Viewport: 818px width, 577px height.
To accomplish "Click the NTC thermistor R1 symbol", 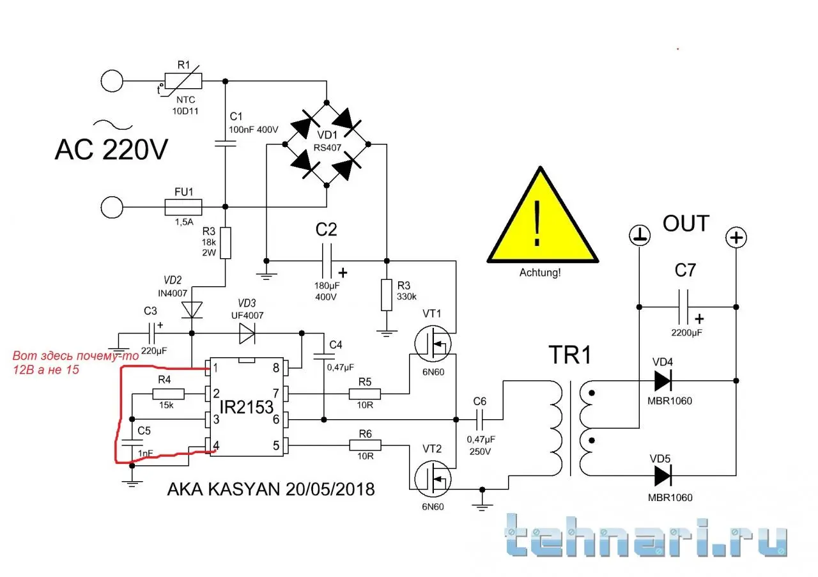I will [x=183, y=81].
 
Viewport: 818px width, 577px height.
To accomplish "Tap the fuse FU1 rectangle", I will [x=183, y=207].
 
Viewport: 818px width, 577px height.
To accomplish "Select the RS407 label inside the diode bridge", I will [x=327, y=148].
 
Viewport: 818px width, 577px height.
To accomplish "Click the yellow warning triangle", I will [x=543, y=220].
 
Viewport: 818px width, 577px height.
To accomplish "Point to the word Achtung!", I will [x=540, y=272].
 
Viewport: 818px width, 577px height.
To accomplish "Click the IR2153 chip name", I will [x=247, y=406].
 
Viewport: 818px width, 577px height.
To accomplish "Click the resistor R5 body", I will [x=364, y=394].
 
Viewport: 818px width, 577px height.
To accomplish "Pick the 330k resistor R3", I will [x=386, y=295].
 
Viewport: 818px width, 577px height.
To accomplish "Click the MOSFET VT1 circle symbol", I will [x=432, y=343].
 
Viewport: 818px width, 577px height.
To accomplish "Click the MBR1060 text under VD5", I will [x=670, y=496].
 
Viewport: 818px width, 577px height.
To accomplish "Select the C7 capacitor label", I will [x=685, y=270].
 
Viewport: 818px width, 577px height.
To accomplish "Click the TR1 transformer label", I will [x=569, y=357].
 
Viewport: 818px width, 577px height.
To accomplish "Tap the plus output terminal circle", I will [x=736, y=238].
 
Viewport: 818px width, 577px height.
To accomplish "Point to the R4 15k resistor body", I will [x=169, y=394].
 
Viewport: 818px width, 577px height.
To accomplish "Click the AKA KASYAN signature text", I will [x=270, y=489].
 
